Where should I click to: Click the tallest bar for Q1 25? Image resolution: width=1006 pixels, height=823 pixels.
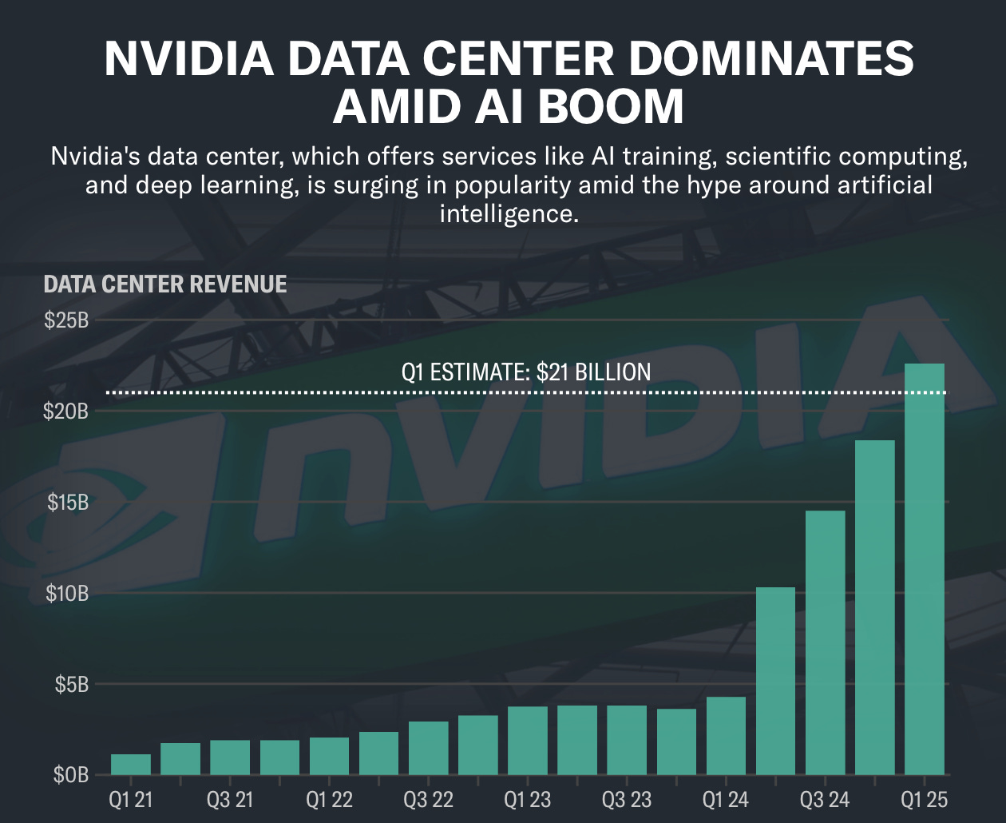pos(925,569)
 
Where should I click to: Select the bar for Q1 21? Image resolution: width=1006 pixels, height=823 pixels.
pos(131,764)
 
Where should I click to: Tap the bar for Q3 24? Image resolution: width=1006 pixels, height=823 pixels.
pos(826,642)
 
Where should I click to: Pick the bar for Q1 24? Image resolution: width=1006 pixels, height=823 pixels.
pos(726,735)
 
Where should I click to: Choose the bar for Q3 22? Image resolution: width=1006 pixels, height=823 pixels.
pos(429,748)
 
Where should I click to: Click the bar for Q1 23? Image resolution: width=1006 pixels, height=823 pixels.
pos(528,740)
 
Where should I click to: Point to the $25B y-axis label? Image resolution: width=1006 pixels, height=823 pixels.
pos(66,320)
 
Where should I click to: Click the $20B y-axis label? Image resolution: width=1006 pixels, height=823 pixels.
pos(66,411)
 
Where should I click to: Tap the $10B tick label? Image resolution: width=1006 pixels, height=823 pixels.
pos(66,594)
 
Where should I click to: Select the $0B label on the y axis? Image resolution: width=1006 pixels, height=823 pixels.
pos(70,775)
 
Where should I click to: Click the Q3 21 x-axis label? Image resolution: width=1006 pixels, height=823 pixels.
pos(230,800)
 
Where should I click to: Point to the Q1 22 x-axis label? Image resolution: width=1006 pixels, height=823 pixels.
pos(329,800)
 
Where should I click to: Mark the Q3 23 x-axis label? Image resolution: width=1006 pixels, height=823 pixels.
pos(627,800)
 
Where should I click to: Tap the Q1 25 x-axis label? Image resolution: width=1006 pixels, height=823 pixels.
pos(925,800)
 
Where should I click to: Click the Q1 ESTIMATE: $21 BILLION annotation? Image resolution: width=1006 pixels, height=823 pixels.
pos(525,372)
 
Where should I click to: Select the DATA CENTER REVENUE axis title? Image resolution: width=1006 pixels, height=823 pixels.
pos(165,284)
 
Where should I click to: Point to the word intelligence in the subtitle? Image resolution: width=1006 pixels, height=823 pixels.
pos(509,213)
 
